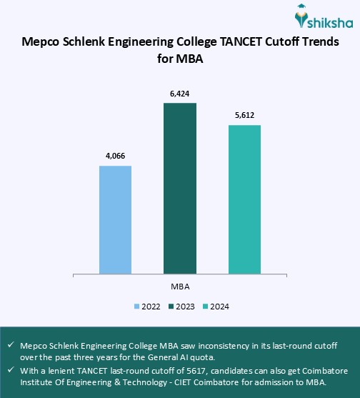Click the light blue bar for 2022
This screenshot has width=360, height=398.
pyautogui.click(x=115, y=219)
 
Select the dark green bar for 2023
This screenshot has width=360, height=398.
pyautogui.click(x=180, y=188)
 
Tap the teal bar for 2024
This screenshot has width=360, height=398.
pyautogui.click(x=244, y=199)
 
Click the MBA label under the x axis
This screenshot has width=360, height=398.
pyautogui.click(x=180, y=286)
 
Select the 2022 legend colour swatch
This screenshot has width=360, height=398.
pyautogui.click(x=136, y=307)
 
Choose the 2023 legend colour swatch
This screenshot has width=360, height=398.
pyautogui.click(x=171, y=307)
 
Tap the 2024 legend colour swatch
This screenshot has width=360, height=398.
pyautogui.click(x=205, y=307)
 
